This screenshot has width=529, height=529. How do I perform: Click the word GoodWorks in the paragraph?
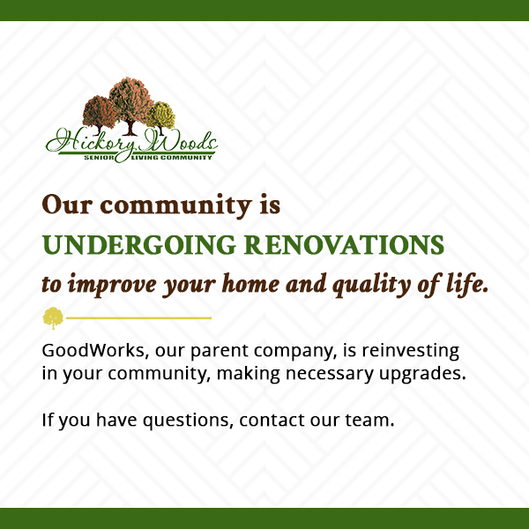tap(93, 351)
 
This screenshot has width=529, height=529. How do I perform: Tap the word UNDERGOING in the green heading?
tap(138, 245)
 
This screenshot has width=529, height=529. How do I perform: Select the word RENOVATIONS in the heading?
tap(344, 245)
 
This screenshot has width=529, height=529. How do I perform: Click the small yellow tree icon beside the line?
tap(53, 317)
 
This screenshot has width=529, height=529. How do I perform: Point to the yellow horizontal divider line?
tap(138, 317)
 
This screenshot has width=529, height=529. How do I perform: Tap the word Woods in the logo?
tap(179, 141)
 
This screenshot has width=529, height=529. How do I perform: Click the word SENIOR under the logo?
tap(99, 158)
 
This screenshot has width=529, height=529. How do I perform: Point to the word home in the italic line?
tap(250, 284)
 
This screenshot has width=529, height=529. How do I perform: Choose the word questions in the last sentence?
tap(189, 421)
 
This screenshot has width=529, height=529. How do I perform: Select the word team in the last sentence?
tap(369, 421)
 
